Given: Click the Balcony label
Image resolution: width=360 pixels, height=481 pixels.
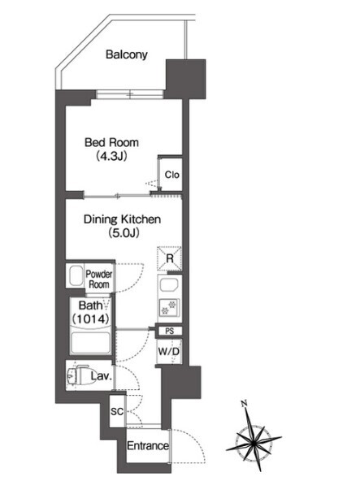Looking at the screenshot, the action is pos(127,54).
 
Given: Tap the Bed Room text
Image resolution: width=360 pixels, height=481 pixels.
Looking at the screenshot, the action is pos(111,142).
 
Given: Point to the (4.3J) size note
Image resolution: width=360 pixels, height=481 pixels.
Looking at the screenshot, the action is pos(111,157).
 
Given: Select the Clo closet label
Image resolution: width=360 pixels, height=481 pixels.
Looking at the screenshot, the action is pos(171,175).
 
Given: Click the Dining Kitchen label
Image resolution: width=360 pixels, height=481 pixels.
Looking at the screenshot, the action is pos(122,219).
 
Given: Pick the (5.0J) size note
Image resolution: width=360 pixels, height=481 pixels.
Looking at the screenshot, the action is pos(124,233).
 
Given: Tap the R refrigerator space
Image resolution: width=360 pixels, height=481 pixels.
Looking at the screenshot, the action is pos(170,258).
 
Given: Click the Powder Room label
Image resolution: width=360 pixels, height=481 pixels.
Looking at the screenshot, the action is pos(99,279).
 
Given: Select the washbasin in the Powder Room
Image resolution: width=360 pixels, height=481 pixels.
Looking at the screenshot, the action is pos(76,275).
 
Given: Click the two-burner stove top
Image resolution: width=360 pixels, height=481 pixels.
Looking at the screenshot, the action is pos(169,308).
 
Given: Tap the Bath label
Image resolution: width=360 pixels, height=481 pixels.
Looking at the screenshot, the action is pos(90,305).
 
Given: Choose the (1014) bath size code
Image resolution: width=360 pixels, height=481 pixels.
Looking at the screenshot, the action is pos(90,319).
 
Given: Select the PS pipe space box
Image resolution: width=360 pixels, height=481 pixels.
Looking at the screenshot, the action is pos(169,331).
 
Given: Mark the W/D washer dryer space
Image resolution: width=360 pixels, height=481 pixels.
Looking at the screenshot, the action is pos(169,352).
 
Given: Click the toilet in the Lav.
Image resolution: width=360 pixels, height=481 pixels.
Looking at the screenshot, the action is pos(77,375).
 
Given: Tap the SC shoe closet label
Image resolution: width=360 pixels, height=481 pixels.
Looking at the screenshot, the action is pos(117,411).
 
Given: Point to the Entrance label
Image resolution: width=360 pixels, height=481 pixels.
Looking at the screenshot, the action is pos(148,446).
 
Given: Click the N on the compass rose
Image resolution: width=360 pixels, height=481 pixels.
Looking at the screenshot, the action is pos(245,403).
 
